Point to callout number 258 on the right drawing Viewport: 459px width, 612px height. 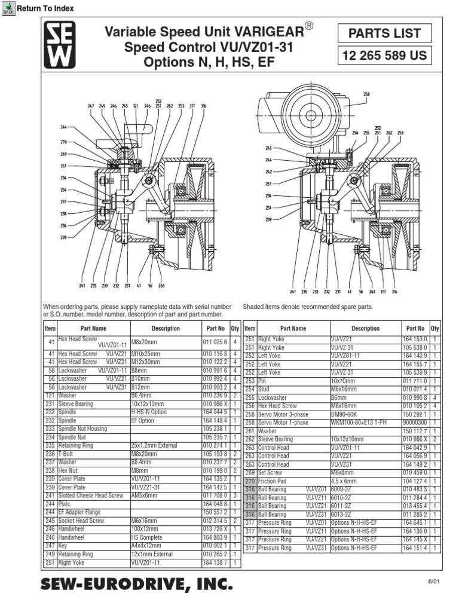coord(366,94)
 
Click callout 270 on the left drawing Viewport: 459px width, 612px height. coord(63,142)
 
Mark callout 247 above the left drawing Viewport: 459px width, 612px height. coord(91,106)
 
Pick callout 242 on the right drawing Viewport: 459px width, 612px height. coord(268,172)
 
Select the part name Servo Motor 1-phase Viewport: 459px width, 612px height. coord(283,422)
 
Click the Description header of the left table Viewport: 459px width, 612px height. coord(165,328)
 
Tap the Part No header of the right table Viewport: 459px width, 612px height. coord(415,328)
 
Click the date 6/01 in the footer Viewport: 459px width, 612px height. coord(433,582)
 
